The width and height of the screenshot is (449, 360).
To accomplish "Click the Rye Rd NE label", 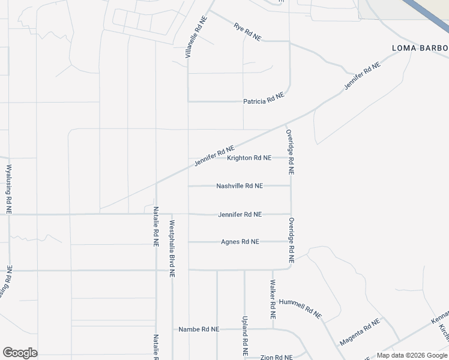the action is pos(248,32).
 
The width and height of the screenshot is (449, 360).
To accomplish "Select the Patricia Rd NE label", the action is pos(264,99).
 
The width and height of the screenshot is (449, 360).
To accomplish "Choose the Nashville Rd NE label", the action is pos(240,186).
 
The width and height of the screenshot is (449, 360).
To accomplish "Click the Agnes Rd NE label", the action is pos(240,242).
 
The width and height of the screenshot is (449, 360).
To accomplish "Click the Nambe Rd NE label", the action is pos(199,329).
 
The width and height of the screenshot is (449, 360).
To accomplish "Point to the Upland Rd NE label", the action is pos(245,337).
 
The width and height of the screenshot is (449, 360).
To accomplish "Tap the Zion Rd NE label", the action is pos(277,357).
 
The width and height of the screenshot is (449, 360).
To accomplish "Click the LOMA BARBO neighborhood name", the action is pos(420,48).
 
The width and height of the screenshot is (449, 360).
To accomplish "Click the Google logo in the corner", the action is pos(20,353).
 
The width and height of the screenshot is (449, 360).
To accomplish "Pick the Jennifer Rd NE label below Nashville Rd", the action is pos(240,214).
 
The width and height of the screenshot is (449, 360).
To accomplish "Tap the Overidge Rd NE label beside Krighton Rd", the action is pos(290,152).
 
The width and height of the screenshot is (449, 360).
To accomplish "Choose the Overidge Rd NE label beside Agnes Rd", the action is pos(291,241).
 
